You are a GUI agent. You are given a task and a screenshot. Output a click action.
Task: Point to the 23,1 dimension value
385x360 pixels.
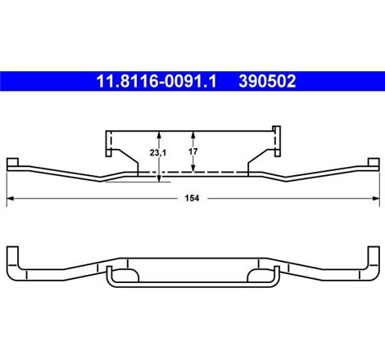(x=147, y=153)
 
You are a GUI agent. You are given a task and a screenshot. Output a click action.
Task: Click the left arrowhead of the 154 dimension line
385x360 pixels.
(x=10, y=198)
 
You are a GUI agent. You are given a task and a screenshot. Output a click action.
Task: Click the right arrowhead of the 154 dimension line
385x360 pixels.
(x=375, y=198)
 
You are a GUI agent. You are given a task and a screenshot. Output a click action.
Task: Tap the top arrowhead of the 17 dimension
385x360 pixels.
(x=193, y=134)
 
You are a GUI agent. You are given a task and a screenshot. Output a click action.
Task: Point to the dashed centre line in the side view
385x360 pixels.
(x=192, y=173)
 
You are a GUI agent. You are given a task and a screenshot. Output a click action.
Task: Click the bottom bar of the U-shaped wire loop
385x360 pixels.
(x=192, y=286)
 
